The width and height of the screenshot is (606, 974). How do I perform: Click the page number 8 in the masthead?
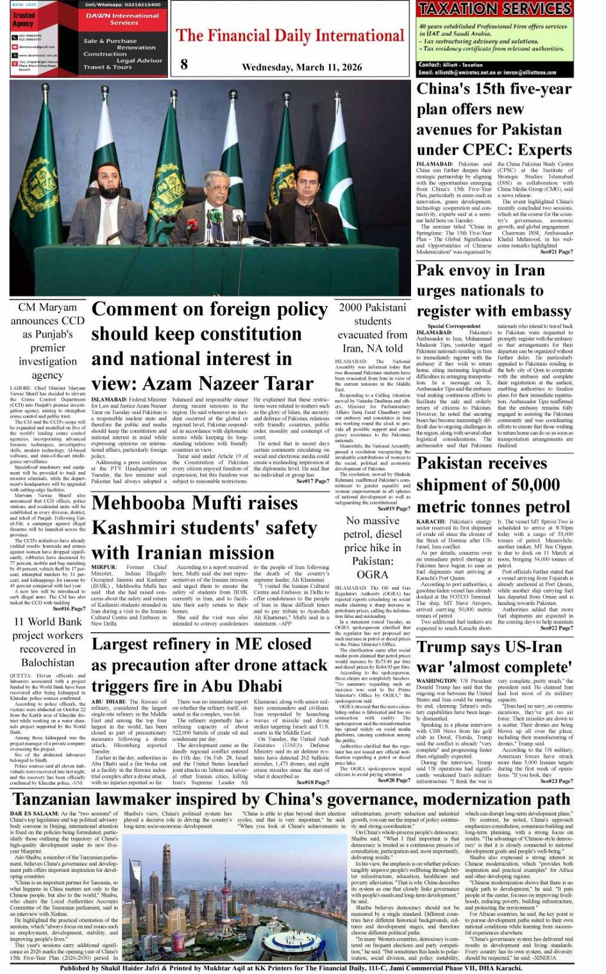click(184, 64)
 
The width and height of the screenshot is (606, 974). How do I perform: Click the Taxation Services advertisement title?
click(494, 9)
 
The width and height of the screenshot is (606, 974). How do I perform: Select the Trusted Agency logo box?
click(24, 21)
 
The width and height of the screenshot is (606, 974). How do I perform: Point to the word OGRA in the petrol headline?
click(372, 574)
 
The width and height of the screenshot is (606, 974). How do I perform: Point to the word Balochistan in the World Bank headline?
click(49, 662)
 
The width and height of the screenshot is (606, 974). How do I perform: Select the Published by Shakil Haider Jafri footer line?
click(290, 968)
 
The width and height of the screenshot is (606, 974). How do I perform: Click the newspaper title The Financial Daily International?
click(290, 35)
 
